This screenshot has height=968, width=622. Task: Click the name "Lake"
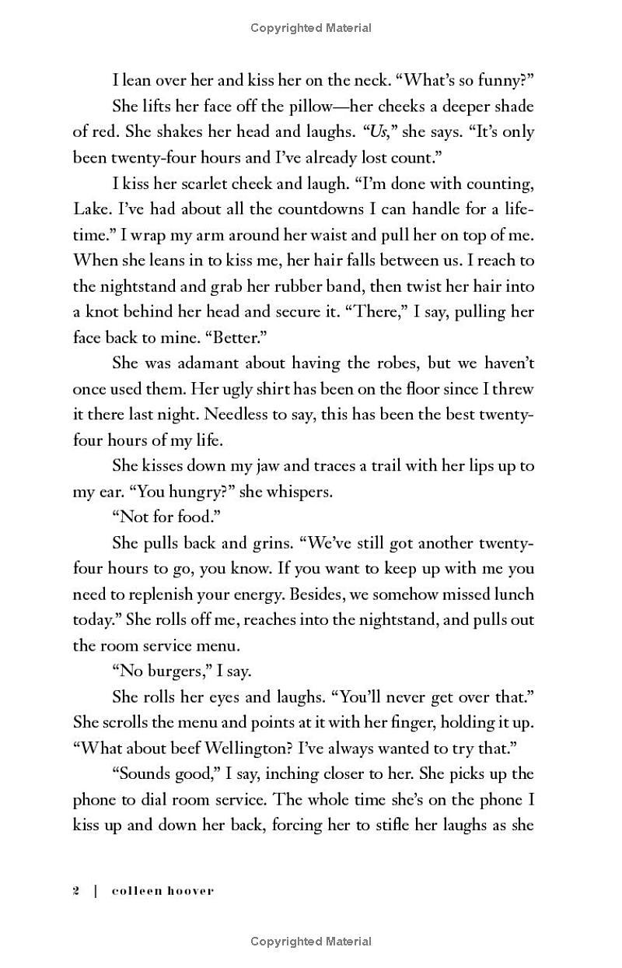[x=89, y=209]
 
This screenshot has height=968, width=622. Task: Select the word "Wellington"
[x=243, y=748]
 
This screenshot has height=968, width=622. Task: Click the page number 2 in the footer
[x=76, y=891]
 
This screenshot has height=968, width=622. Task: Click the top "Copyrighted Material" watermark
[x=311, y=28]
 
